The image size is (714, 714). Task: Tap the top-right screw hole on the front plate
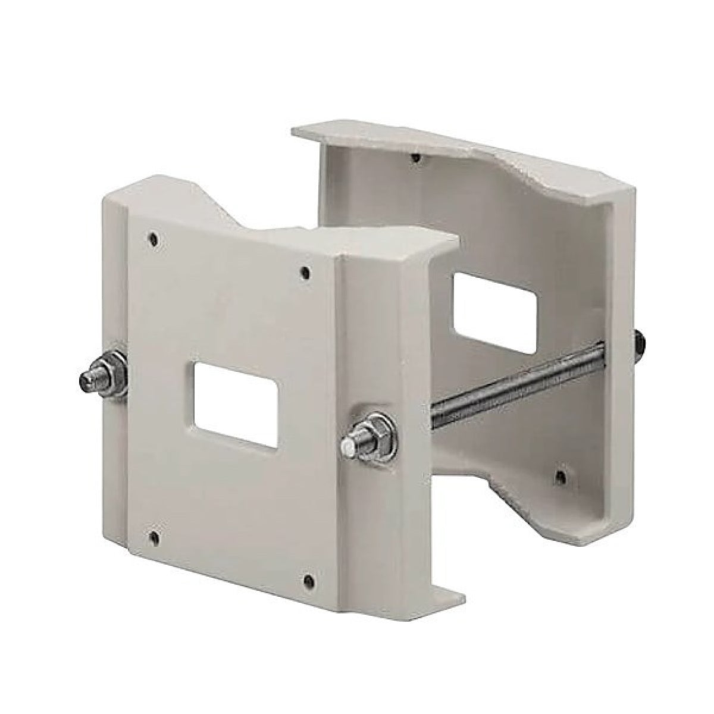coord(305,273)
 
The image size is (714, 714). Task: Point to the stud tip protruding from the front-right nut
coord(348,445)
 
